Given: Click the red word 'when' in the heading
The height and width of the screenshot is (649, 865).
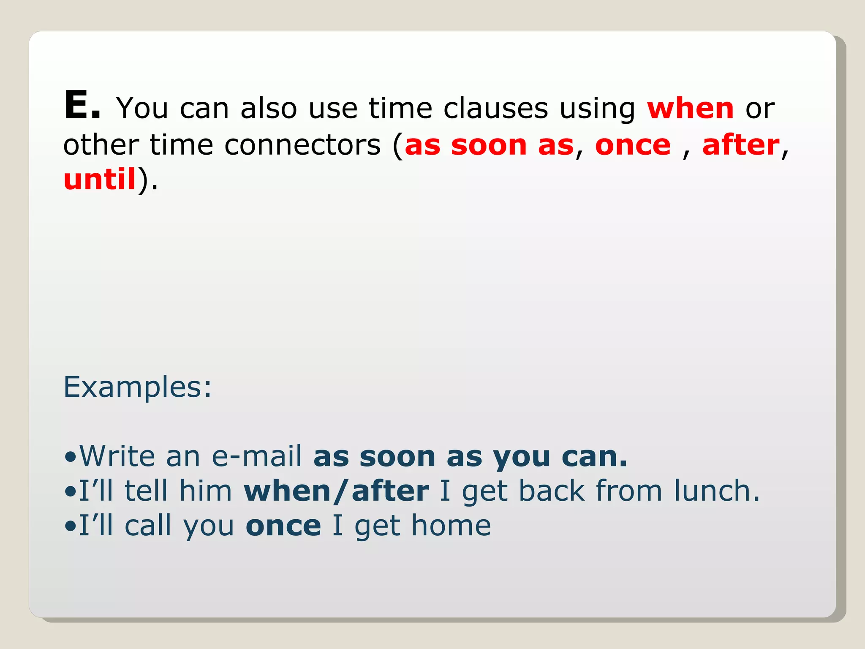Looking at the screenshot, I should [x=691, y=109].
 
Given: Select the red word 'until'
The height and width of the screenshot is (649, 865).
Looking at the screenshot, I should [x=100, y=179].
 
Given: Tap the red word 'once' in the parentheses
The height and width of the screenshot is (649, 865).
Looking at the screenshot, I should [x=633, y=145].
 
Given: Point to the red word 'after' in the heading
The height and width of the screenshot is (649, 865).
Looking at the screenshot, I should [x=741, y=145].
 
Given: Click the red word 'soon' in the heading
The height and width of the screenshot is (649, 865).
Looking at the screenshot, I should [x=489, y=145].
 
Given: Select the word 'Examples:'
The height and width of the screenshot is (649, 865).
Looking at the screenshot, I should [x=137, y=387].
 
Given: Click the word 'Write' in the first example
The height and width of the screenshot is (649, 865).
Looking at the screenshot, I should [x=117, y=456].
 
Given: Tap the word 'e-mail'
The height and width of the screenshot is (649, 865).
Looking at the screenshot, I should [x=256, y=456].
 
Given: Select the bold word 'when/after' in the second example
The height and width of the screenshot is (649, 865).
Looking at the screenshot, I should [x=336, y=491].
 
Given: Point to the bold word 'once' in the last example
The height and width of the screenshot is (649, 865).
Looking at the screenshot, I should [x=283, y=526].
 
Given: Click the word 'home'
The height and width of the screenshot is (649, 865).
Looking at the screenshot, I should [x=451, y=526].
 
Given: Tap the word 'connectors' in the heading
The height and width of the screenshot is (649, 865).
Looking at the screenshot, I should [x=302, y=145].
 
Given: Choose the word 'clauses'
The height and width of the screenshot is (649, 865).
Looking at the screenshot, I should [x=495, y=109].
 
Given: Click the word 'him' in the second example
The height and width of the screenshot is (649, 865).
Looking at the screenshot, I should [x=205, y=491].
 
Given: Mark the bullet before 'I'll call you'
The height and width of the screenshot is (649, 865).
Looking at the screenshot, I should [x=71, y=526].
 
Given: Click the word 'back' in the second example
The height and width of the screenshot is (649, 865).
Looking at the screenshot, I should [x=552, y=491].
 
